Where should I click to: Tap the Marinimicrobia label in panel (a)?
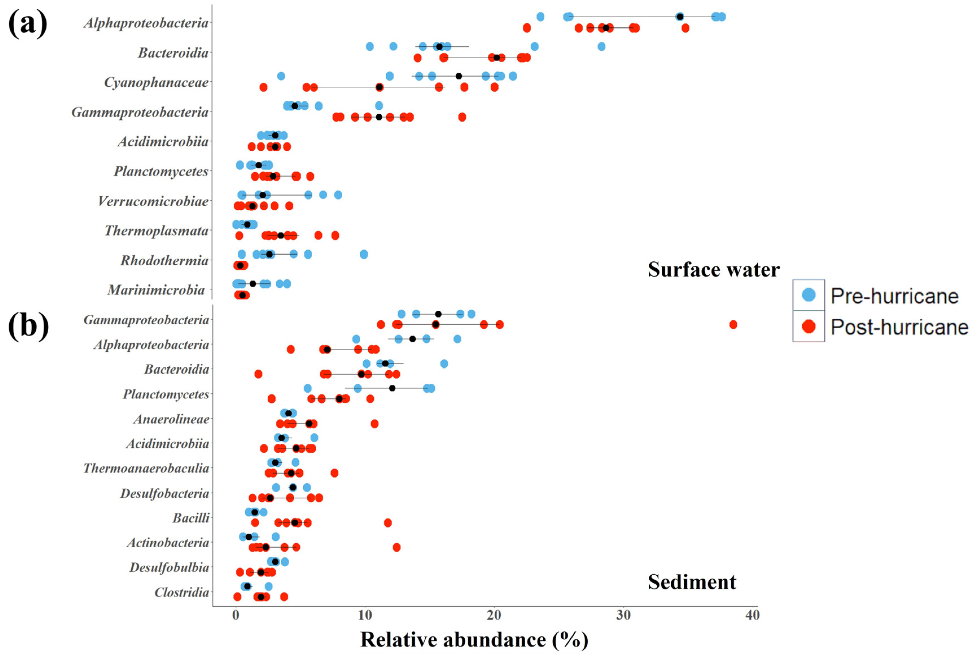click(156, 290)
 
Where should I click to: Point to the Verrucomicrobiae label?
click(153, 202)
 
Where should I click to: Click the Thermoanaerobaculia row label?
click(146, 468)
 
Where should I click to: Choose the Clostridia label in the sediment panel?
click(182, 593)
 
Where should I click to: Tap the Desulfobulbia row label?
click(169, 568)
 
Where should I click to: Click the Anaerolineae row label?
click(171, 419)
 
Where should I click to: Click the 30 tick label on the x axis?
click(623, 615)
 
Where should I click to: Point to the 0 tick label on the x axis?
click(236, 615)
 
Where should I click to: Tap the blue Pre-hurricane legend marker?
click(809, 295)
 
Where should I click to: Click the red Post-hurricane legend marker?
click(809, 326)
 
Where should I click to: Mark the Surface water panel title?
click(714, 269)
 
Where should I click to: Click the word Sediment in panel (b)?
click(692, 582)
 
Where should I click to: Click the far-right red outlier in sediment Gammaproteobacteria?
click(733, 324)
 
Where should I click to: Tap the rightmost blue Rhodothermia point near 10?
click(364, 254)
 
